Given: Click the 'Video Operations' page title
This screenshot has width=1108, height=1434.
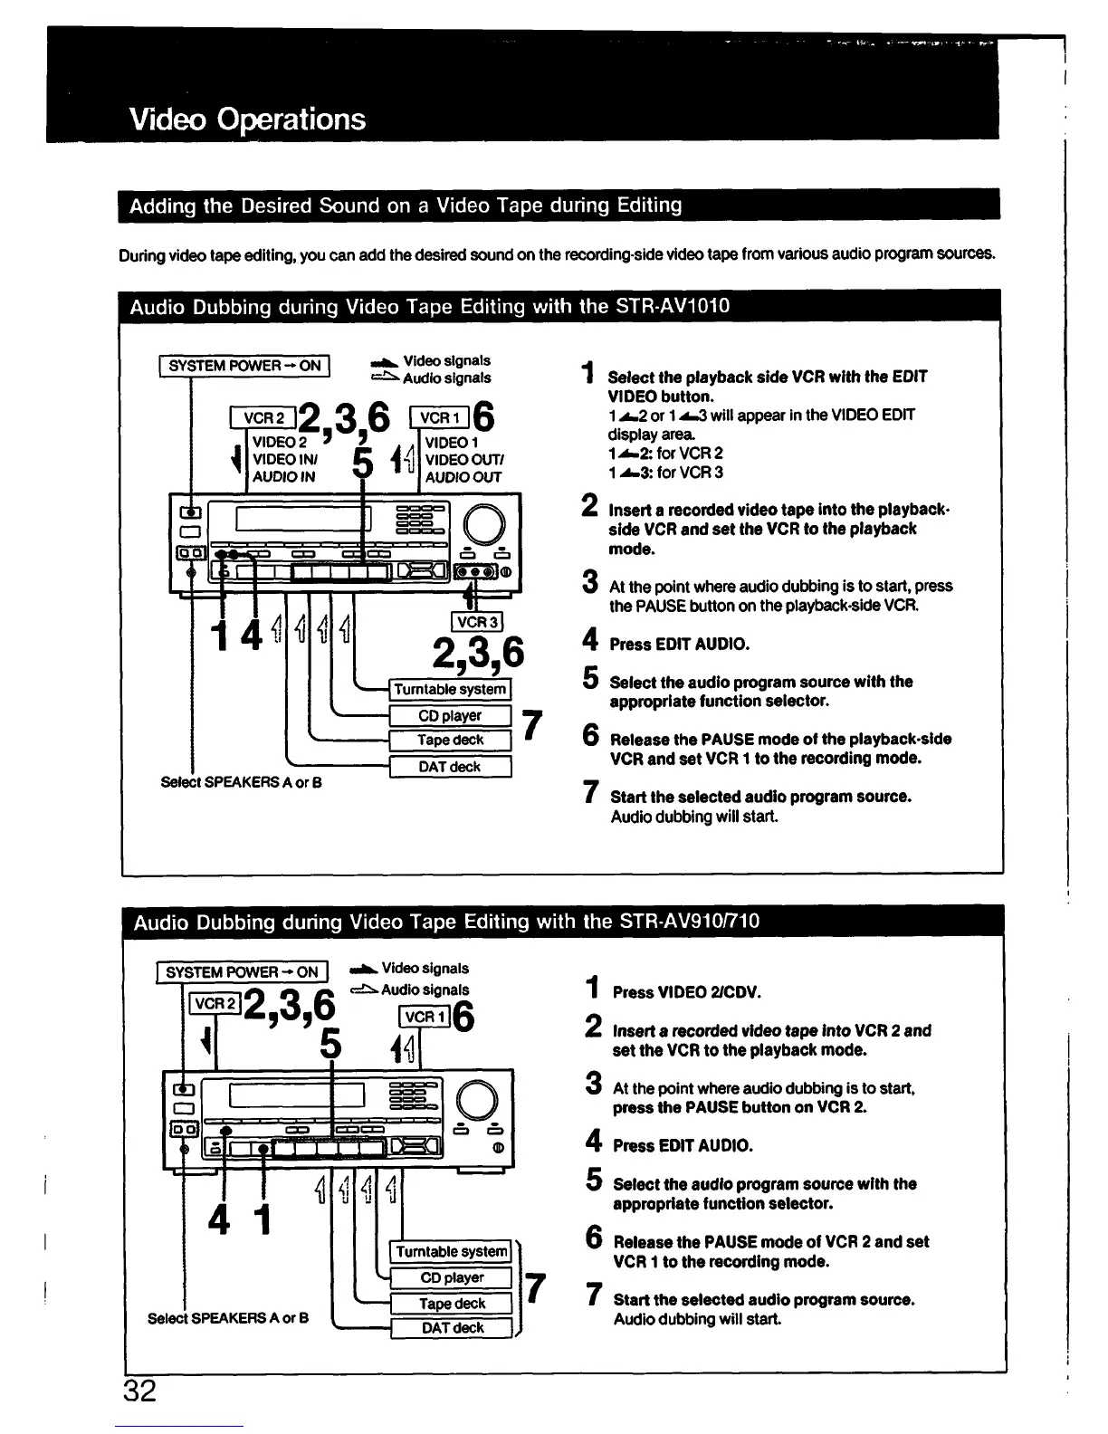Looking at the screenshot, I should click(247, 119).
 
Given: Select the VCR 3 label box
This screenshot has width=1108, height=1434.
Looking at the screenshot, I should click(477, 622).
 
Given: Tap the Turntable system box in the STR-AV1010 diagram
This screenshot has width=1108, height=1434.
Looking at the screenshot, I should click(450, 689).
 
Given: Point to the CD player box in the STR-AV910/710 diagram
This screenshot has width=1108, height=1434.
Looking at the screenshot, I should click(452, 1277).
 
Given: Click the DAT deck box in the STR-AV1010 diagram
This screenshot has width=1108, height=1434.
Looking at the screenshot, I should click(450, 767).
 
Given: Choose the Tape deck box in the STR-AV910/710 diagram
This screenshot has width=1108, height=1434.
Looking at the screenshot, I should click(452, 1303).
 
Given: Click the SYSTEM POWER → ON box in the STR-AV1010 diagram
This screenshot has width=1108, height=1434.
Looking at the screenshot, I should click(244, 366).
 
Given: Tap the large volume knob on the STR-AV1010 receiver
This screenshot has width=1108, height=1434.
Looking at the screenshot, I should click(483, 522).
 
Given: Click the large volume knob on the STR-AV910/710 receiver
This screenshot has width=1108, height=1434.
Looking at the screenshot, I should click(478, 1101).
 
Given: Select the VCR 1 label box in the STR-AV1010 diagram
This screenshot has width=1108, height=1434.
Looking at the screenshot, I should click(440, 417).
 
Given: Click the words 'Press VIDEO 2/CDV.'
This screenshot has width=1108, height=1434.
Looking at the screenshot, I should click(687, 992).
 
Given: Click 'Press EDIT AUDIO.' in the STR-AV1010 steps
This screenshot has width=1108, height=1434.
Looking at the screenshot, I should click(679, 645).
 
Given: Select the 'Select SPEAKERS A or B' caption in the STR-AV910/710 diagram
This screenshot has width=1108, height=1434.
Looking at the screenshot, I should click(228, 1318).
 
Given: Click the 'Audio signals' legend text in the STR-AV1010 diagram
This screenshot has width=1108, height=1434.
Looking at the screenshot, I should click(446, 378).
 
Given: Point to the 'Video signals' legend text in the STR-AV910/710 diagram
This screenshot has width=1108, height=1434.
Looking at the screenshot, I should click(425, 969).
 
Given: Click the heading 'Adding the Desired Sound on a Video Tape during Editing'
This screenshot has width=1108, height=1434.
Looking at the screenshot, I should click(406, 206).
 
